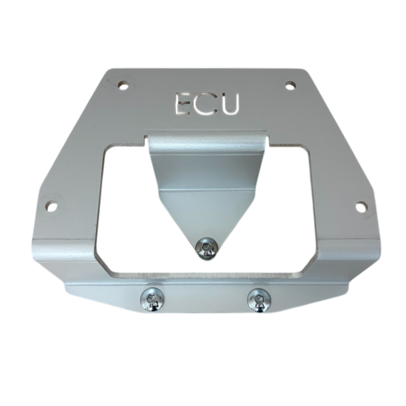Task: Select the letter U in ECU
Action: (229, 104)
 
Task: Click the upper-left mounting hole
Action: (123, 84)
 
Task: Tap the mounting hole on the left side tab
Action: (51, 207)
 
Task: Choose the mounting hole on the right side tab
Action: (361, 207)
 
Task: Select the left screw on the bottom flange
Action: (152, 299)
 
